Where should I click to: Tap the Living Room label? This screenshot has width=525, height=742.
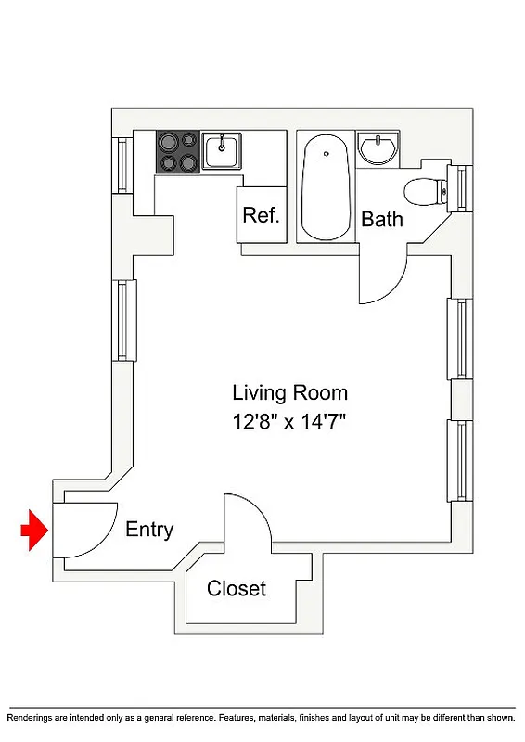click(x=289, y=392)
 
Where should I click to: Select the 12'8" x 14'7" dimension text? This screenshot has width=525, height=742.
click(x=289, y=423)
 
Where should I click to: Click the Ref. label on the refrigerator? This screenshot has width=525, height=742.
click(x=261, y=215)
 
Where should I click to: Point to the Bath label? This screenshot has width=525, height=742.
click(x=382, y=220)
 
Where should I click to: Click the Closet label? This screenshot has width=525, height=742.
click(x=237, y=588)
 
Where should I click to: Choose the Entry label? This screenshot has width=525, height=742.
click(x=149, y=530)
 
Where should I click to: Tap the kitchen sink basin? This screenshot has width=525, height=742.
click(x=223, y=149)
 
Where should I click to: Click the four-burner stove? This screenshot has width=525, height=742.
click(x=178, y=151)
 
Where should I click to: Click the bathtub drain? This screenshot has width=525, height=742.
click(x=326, y=153)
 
